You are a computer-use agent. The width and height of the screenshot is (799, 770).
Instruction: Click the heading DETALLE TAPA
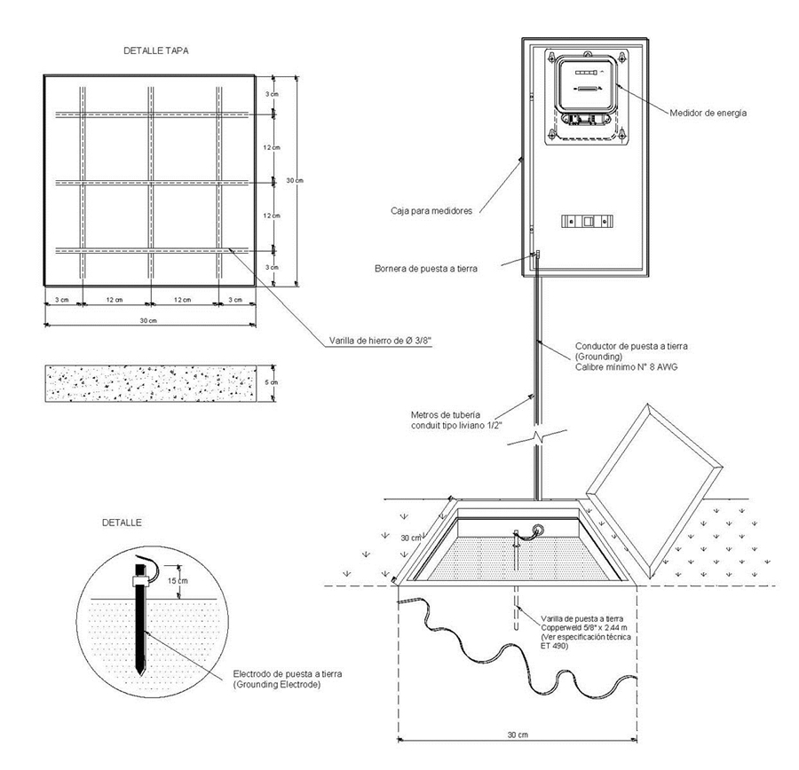[155, 51]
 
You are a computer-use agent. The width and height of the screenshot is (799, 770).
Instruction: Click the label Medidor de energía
[708, 113]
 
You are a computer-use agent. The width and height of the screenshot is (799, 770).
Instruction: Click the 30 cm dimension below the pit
[516, 735]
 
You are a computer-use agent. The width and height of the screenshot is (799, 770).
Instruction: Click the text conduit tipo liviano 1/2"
[458, 425]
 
